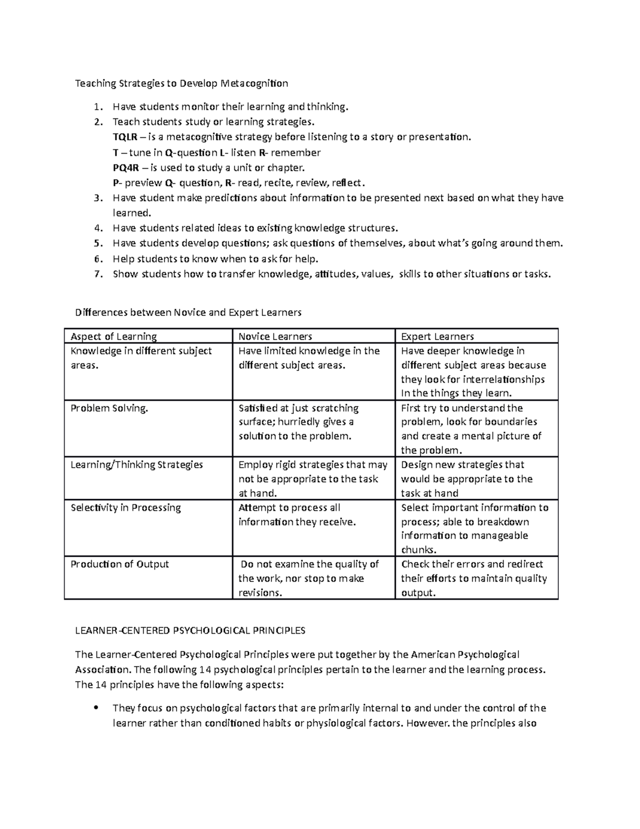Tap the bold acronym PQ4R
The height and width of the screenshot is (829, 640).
point(126,168)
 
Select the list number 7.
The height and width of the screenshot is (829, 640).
point(97,274)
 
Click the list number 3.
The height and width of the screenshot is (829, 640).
point(97,198)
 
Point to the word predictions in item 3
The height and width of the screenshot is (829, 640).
point(229,198)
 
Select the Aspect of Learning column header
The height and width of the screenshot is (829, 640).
point(114,336)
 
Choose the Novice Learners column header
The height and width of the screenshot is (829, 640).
point(275,336)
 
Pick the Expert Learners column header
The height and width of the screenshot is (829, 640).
point(437,336)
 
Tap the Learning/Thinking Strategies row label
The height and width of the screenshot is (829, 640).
point(137,465)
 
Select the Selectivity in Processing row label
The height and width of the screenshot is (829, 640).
point(126,508)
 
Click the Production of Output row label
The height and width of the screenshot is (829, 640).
point(119,564)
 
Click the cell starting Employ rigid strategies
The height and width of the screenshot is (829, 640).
point(313,479)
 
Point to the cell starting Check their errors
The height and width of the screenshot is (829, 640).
point(474,578)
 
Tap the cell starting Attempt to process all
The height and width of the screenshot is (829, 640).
point(297,515)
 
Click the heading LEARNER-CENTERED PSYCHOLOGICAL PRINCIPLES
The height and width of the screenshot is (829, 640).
point(190,631)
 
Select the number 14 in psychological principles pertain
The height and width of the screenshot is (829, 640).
point(205,670)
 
